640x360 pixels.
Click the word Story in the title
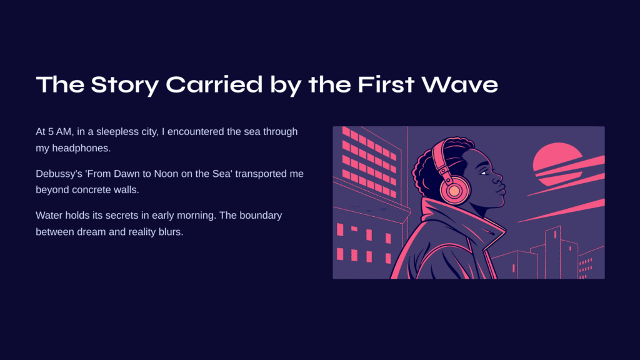(124, 85)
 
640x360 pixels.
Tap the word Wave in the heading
(459, 84)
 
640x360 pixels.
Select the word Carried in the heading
(214, 84)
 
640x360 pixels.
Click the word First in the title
(386, 84)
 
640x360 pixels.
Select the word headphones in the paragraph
(81, 149)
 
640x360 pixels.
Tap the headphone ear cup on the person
(454, 190)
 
